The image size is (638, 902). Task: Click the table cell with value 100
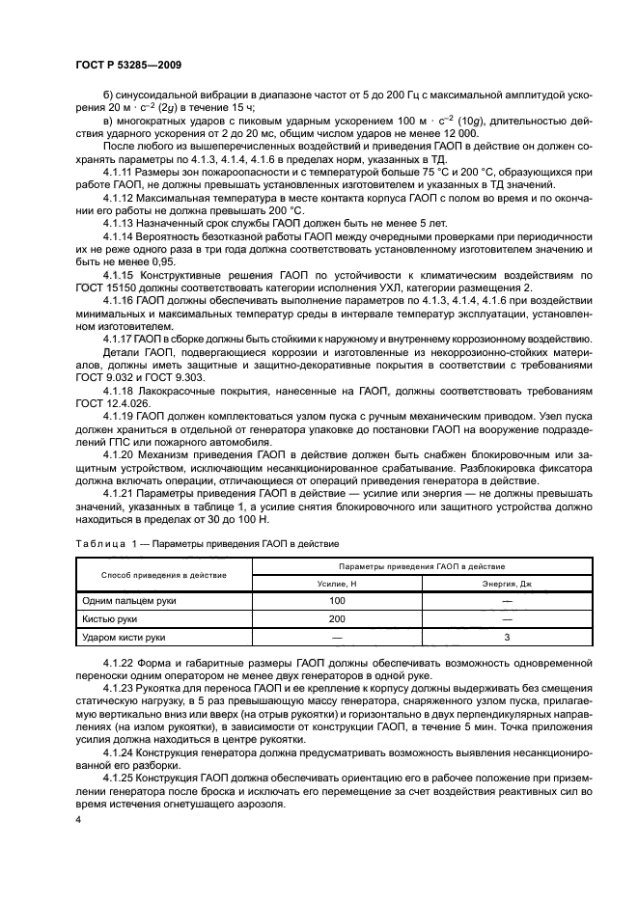[x=337, y=600]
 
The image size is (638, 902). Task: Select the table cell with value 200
[x=337, y=618]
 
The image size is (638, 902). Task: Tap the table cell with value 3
[x=507, y=638]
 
